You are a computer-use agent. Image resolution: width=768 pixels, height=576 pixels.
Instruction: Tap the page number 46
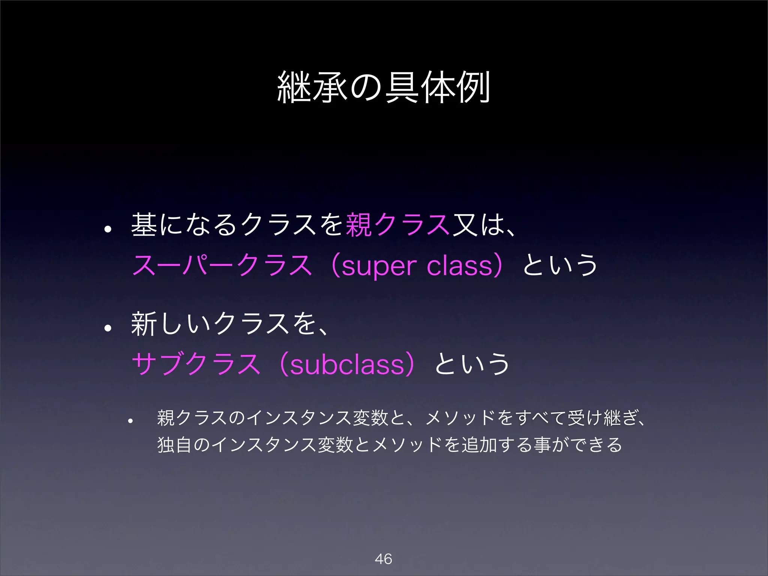[383, 559]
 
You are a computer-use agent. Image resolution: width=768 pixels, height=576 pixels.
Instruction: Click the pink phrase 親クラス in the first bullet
[397, 225]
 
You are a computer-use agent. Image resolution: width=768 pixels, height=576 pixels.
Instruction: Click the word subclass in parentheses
[347, 364]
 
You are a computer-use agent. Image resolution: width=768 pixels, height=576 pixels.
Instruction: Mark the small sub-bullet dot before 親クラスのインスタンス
[130, 421]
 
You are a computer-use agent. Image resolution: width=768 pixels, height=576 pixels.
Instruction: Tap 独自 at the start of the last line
[174, 445]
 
